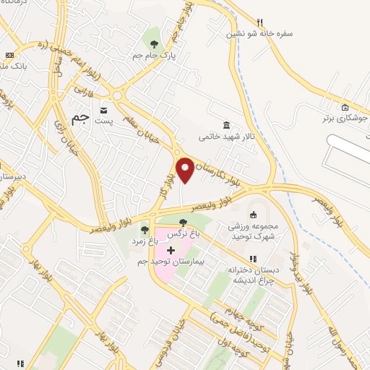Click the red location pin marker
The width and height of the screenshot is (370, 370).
185,170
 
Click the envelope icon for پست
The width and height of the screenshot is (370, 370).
105,111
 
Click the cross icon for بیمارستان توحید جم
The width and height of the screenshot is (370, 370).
171,249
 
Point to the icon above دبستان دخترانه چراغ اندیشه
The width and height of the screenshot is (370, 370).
253,258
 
